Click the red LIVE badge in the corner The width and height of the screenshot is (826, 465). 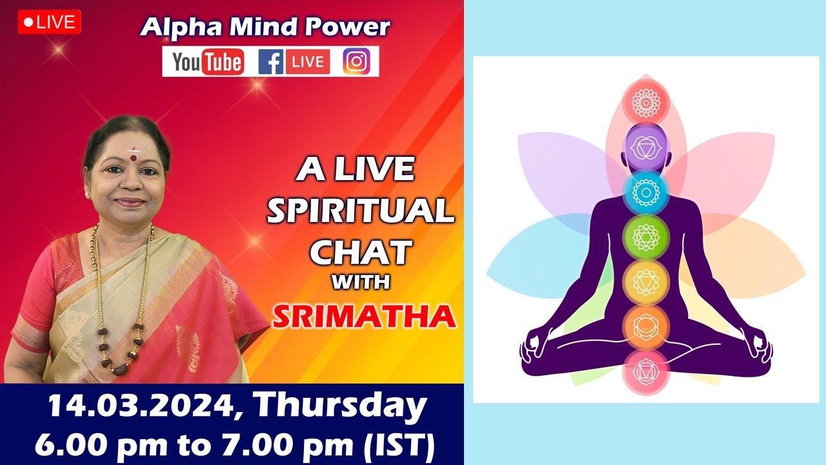click(49, 23)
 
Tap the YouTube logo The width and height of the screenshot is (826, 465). click(207, 62)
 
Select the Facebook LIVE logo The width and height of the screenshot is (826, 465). click(294, 62)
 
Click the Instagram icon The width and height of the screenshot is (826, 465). click(356, 62)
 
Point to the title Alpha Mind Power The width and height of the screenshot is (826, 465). click(265, 27)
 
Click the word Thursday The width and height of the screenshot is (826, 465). click(340, 408)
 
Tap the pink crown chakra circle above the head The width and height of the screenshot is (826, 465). click(645, 102)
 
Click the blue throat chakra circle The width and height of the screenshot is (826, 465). click(645, 192)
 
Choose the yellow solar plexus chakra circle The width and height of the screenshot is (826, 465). click(645, 282)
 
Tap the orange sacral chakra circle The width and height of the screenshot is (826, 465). click(645, 326)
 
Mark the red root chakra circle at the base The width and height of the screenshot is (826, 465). click(645, 371)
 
